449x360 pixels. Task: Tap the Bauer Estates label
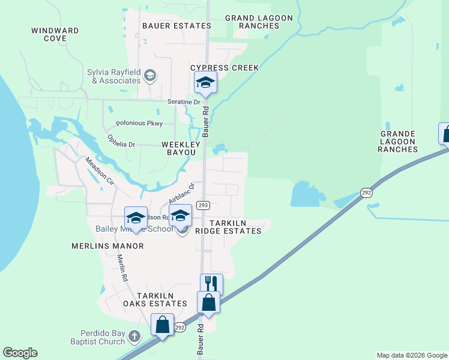176,26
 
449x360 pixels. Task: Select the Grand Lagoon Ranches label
259,22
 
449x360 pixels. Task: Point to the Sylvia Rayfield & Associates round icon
150,76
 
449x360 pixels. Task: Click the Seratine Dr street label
183,102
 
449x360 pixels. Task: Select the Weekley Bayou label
178,149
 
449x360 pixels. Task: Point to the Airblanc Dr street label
182,193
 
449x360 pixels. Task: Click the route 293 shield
203,205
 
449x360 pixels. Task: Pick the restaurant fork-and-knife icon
211,284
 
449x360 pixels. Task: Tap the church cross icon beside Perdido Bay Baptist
134,336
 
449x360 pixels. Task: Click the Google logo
20,353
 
